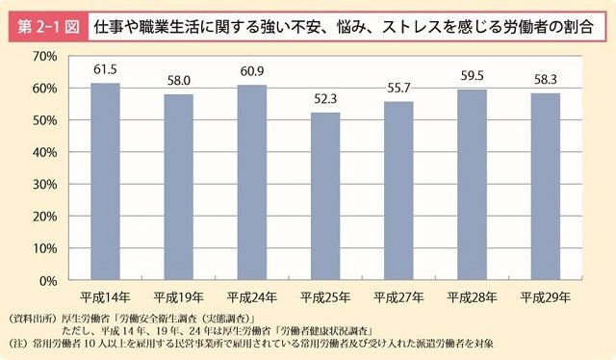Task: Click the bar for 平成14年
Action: coord(106,182)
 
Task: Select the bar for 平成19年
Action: coord(178,188)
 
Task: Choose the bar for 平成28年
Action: coord(471,185)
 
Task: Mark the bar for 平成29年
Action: coord(544,187)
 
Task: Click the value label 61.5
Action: coord(106,70)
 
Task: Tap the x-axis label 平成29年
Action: coord(544,296)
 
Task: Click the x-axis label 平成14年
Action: coord(106,296)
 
